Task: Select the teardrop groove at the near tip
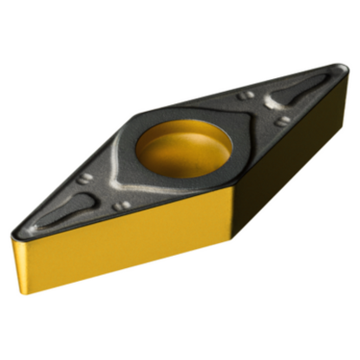[x=65, y=209]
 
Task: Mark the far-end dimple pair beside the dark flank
[x=281, y=121]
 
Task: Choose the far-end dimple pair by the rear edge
[x=247, y=95]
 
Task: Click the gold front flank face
[x=121, y=243]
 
